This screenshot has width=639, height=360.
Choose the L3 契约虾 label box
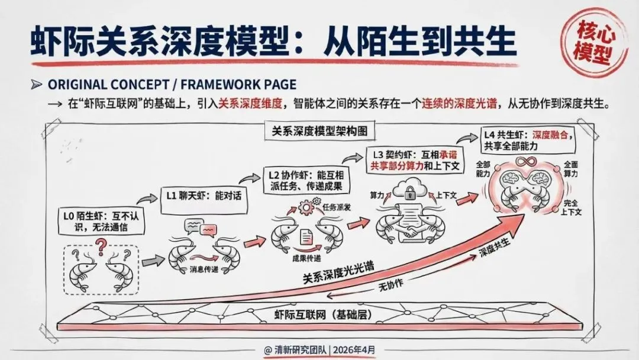[417, 158]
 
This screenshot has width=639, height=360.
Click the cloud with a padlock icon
[410, 190]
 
